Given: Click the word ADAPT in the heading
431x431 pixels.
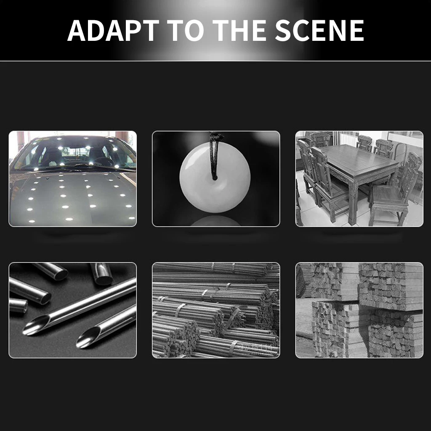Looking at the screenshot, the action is tap(113, 30).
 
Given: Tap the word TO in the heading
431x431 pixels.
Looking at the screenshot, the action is tap(186, 30).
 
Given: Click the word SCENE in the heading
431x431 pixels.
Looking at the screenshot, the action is tap(319, 30).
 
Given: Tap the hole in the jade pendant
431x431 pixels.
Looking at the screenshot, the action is tap(215, 178).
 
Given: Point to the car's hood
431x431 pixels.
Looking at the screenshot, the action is tap(73, 198).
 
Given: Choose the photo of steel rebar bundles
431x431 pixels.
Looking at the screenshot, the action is tap(216, 310).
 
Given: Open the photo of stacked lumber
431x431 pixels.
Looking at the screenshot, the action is tap(359, 310).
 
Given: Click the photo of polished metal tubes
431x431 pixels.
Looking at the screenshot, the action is tap(72, 310).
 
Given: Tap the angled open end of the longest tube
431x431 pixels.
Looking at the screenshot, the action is tap(36, 325).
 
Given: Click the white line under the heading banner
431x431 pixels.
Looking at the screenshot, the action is tap(215, 61).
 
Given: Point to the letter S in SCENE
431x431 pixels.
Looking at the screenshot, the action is tap(284, 30).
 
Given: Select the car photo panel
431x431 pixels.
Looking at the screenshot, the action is tap(72, 178).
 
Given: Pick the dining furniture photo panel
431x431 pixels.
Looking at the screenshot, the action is tap(359, 178).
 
